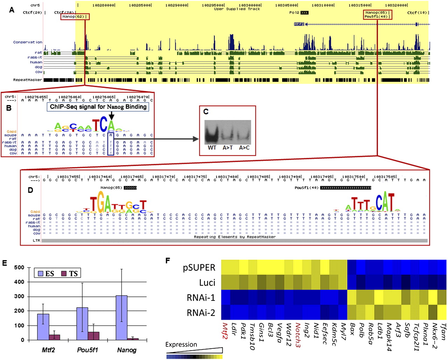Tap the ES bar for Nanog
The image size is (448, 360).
[x=121, y=318]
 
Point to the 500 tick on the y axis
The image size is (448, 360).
[x=19, y=268]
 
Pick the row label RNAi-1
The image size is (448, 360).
[x=201, y=297]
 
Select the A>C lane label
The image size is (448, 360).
[x=244, y=148]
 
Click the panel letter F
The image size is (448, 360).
[x=168, y=261]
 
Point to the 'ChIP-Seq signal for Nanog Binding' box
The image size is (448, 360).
[x=98, y=107]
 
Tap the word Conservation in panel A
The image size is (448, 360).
[x=28, y=42]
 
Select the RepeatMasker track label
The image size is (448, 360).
[x=28, y=80]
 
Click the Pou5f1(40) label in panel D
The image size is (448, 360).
[x=307, y=188]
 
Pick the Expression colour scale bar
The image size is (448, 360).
[x=195, y=357]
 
